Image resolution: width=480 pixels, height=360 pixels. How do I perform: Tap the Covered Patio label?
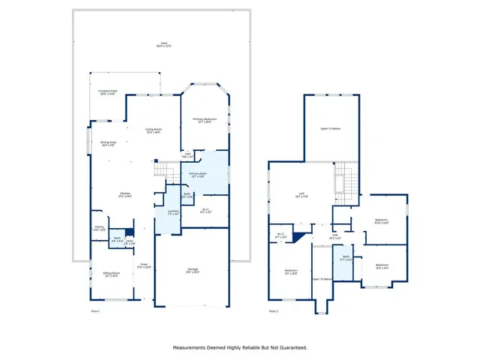tap(107, 92)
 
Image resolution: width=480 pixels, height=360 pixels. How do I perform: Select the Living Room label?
tap(153, 131)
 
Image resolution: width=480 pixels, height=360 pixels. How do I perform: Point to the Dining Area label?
tap(108, 143)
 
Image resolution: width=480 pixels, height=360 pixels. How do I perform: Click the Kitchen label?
tap(124, 194)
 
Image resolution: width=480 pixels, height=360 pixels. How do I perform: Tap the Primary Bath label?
tap(198, 175)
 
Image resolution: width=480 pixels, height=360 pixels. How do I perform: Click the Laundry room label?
tap(172, 213)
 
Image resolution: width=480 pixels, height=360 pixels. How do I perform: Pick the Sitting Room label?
tap(111, 274)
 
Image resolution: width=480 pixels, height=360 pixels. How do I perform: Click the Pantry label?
tap(99, 227)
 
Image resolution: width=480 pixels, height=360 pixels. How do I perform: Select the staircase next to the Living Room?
tap(163, 171)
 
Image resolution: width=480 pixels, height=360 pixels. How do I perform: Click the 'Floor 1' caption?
tap(95, 310)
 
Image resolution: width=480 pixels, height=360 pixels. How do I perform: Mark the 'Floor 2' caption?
tap(273, 310)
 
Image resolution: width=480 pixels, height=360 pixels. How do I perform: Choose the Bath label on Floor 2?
tap(346, 258)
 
